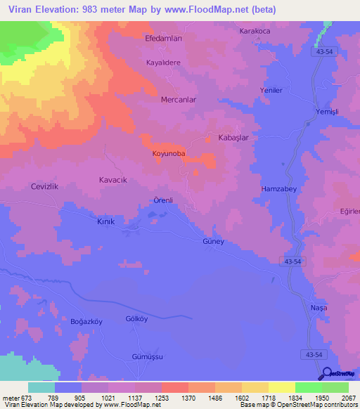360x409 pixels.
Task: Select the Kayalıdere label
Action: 164,63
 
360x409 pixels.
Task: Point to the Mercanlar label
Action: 178,100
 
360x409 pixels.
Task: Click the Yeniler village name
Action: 271,91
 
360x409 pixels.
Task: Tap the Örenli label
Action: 163,200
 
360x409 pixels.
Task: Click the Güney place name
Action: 212,241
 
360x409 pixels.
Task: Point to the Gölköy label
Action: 136,319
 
